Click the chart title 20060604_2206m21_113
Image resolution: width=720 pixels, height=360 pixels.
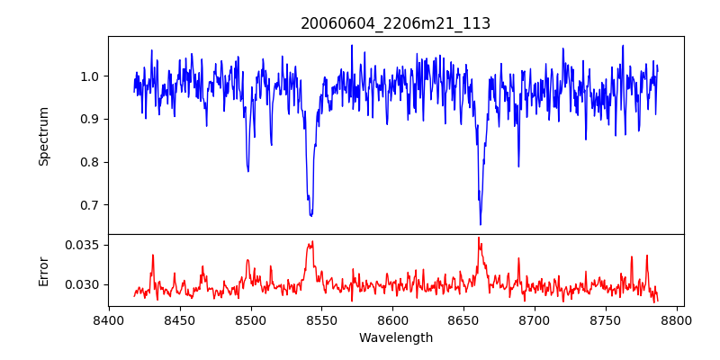(395, 23)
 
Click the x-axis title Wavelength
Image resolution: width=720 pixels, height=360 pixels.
(395, 337)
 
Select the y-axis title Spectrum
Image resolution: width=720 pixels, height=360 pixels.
(43, 136)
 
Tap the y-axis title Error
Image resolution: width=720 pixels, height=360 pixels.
(43, 270)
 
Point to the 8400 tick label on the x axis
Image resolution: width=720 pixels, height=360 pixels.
(109, 319)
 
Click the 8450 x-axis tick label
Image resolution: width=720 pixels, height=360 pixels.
(179, 319)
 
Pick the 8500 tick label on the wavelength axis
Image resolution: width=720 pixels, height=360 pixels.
(250, 319)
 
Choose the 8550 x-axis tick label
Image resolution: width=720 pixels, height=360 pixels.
(321, 319)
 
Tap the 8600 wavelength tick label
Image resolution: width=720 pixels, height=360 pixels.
(392, 319)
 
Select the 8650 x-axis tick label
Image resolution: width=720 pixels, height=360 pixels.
(463, 319)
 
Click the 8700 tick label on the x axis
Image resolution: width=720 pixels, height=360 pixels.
(535, 319)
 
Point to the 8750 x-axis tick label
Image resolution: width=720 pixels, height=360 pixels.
(606, 319)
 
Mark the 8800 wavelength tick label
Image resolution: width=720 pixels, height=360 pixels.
(677, 319)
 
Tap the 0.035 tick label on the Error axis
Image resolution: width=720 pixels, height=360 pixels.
(83, 245)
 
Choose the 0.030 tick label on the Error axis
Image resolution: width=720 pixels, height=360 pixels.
(83, 284)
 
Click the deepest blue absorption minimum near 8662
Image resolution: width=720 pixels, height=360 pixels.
(481, 224)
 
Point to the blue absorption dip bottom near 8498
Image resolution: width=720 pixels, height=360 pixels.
(248, 171)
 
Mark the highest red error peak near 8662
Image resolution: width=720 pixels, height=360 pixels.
(479, 238)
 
